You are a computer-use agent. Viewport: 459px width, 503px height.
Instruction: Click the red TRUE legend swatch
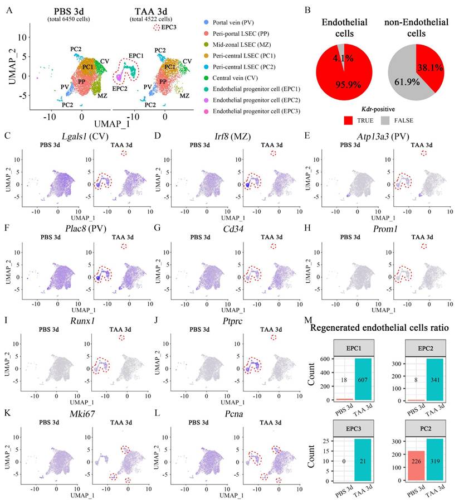point(350,120)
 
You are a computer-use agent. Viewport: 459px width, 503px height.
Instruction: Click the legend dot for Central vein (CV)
point(207,78)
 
